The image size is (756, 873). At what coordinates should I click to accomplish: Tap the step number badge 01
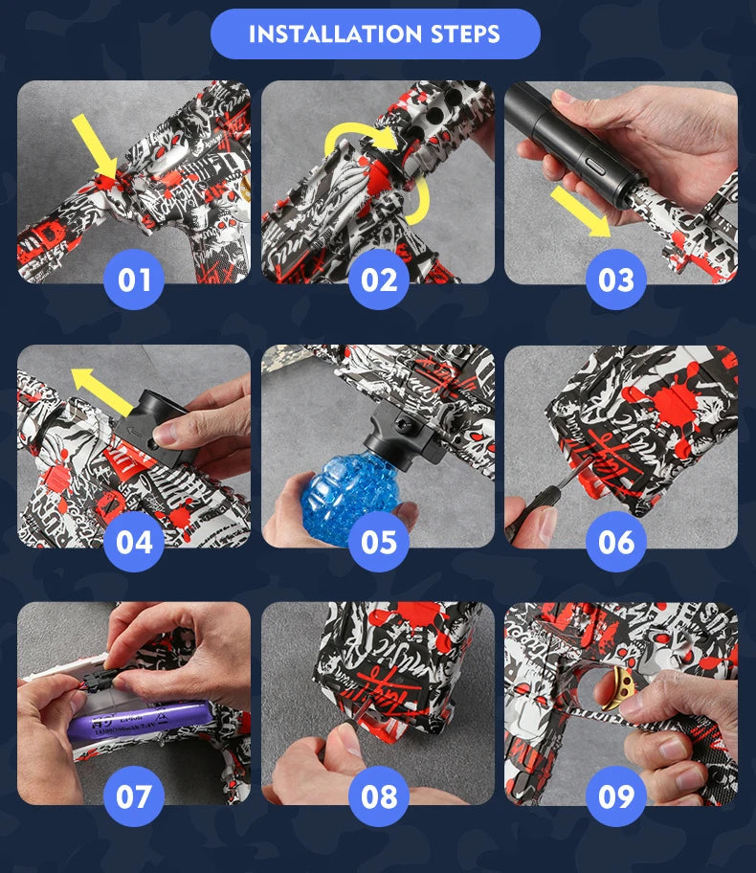pos(134,280)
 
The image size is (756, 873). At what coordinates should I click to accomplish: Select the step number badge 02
pos(378,280)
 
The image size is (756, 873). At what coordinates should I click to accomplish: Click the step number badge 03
pos(615,280)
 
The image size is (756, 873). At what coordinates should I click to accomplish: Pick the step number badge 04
pos(134,542)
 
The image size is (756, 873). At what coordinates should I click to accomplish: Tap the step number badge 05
pos(378,542)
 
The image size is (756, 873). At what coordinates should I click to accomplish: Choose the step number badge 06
pos(615,542)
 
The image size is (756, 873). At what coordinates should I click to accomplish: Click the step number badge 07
pos(134,796)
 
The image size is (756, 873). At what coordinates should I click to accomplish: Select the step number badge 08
pos(378,796)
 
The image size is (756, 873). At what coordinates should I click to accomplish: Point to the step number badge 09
pos(615,796)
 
